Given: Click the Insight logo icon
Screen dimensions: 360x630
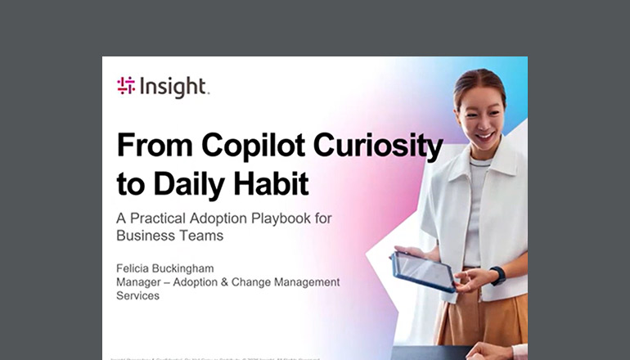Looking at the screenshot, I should (126, 87).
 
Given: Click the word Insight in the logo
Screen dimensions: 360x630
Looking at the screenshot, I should (173, 87).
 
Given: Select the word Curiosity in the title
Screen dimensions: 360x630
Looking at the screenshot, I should (381, 146).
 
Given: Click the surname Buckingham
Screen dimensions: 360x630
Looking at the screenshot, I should (199, 268).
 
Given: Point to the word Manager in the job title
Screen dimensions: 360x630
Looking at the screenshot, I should (142, 282).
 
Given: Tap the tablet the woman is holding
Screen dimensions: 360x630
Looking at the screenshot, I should (422, 271).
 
